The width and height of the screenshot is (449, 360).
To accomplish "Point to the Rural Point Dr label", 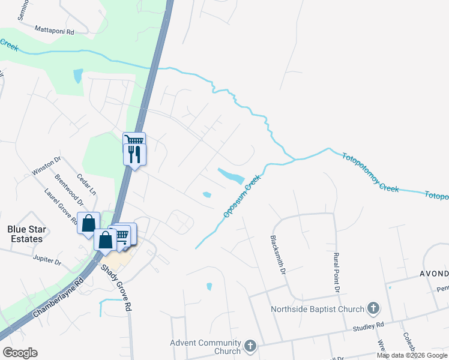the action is coord(337,272).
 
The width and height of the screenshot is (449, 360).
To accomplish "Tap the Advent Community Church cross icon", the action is coord(249,347).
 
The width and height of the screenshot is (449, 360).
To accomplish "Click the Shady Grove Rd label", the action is coord(116,288).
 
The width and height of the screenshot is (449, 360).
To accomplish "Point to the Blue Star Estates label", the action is coord(25,234).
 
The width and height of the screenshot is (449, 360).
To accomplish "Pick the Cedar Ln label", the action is coord(87,184).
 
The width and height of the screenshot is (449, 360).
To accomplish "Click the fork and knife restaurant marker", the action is coord(135,155).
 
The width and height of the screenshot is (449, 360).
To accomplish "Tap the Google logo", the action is coord(20,353).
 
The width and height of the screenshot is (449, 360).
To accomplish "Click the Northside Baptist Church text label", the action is coord(318,310).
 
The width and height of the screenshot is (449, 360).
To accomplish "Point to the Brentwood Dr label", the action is coord(68,187).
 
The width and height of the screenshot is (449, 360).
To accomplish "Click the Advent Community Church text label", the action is coord(205,347).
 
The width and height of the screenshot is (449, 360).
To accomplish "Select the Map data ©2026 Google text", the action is coord(412,355).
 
